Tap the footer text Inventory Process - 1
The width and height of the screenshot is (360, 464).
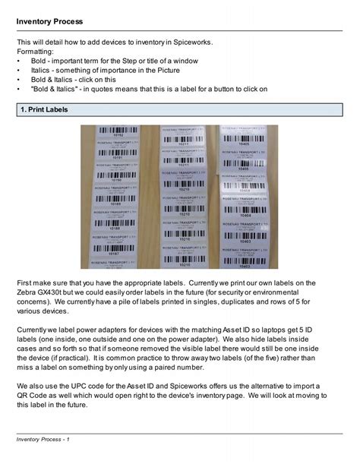click(48, 440)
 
